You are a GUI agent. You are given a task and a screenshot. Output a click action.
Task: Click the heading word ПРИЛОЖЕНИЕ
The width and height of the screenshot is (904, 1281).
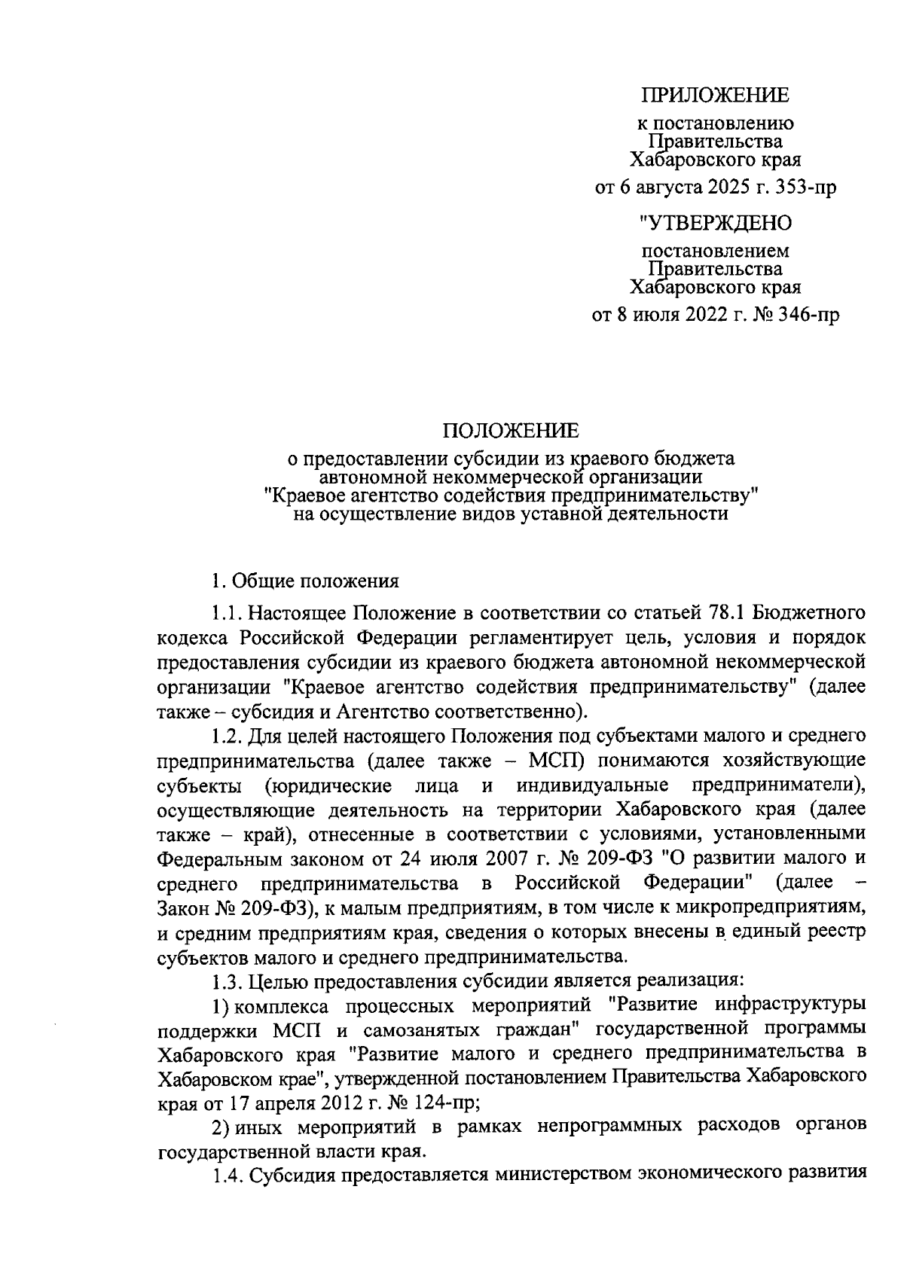(715, 95)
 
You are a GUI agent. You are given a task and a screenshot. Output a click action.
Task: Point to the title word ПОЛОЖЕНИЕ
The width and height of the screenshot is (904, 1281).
(511, 431)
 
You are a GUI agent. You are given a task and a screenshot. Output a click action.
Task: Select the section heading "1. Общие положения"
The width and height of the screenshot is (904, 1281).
(304, 581)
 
